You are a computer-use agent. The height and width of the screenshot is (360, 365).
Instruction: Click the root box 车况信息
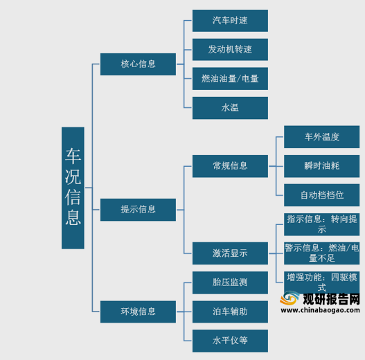[x=73, y=188]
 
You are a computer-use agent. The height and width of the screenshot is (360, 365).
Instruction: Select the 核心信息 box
[x=138, y=64]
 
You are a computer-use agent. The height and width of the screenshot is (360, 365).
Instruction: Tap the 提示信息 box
[x=138, y=210]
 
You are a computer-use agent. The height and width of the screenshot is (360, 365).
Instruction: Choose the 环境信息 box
[x=138, y=312]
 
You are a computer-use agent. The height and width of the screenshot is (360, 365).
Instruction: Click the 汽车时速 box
[x=230, y=21]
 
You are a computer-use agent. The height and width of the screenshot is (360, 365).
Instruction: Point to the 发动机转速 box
[x=230, y=50]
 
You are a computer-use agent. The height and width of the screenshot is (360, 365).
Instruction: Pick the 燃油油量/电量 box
[x=230, y=79]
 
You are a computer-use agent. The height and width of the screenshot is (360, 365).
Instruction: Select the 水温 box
[x=230, y=108]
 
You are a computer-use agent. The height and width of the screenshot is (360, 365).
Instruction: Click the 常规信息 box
[x=230, y=166]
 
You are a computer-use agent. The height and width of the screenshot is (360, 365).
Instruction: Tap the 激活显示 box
[x=230, y=253]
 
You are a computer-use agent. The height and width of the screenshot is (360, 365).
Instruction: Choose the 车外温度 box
[x=321, y=137]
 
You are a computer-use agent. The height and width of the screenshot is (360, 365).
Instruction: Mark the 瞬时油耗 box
[x=321, y=166]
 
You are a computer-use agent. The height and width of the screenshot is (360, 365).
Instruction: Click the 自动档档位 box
[x=321, y=195]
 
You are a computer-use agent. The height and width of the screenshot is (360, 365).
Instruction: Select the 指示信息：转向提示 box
[x=321, y=224]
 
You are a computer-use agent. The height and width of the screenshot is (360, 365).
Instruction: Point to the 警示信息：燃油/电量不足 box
[x=321, y=253]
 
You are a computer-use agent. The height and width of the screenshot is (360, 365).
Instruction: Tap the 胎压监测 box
[x=230, y=282]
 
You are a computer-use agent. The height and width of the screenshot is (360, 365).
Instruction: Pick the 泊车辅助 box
[x=230, y=312]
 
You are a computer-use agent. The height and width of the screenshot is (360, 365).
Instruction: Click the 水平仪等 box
[x=230, y=341]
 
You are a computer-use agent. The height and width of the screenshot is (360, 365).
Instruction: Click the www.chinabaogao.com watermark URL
[x=320, y=310]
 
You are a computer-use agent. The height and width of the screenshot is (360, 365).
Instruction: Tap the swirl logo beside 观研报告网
[x=290, y=298]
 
